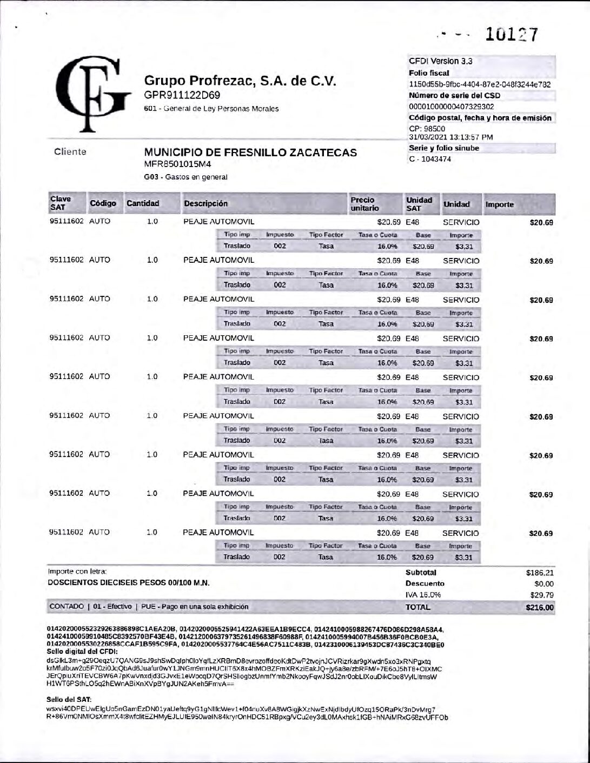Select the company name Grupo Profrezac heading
pyautogui.click(x=240, y=81)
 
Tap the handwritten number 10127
pyautogui.click(x=511, y=35)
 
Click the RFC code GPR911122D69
pyautogui.click(x=182, y=95)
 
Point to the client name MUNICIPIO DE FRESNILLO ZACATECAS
pyautogui.click(x=250, y=152)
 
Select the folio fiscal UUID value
pyautogui.click(x=480, y=84)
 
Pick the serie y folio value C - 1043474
pyautogui.click(x=430, y=159)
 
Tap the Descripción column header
pyautogui.click(x=205, y=204)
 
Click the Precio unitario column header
pyautogui.click(x=363, y=204)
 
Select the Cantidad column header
pyautogui.click(x=143, y=203)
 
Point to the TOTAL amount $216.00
pyautogui.click(x=540, y=607)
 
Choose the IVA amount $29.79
pyautogui.click(x=542, y=595)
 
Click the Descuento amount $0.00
pyautogui.click(x=543, y=584)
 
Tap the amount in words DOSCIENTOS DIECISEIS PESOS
pyautogui.click(x=129, y=583)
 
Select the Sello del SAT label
pyautogui.click(x=65, y=699)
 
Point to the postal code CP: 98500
pyautogui.click(x=427, y=129)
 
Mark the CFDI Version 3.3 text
pyautogui.click(x=440, y=61)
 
